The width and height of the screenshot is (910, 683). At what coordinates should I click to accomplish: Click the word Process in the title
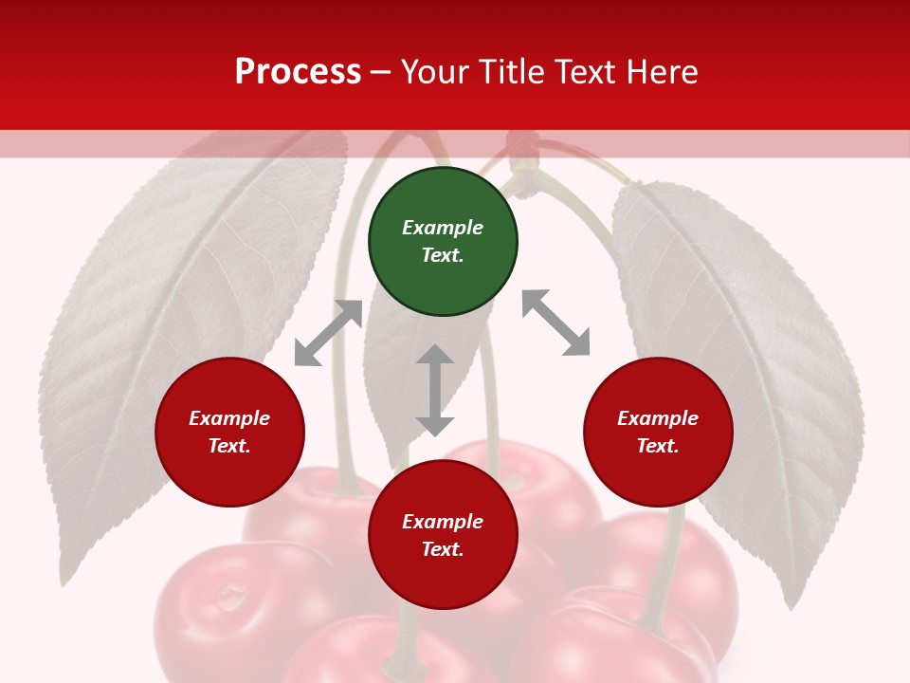(298, 72)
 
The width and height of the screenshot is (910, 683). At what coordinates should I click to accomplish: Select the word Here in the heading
(660, 72)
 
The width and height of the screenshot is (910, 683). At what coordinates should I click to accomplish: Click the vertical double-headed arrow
(435, 390)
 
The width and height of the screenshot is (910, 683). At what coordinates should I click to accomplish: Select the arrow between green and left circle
(328, 333)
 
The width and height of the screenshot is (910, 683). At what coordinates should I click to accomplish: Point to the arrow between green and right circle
(556, 323)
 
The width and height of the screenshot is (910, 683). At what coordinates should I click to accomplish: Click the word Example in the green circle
(443, 228)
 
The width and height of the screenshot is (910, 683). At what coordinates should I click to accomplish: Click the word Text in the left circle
(228, 446)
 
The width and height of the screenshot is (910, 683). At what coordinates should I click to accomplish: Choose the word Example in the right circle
(658, 418)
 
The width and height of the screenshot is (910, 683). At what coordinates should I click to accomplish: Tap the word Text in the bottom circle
(442, 549)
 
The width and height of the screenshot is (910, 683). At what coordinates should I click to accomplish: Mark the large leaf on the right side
(739, 379)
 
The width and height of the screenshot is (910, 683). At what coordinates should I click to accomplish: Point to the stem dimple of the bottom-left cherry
(229, 596)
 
